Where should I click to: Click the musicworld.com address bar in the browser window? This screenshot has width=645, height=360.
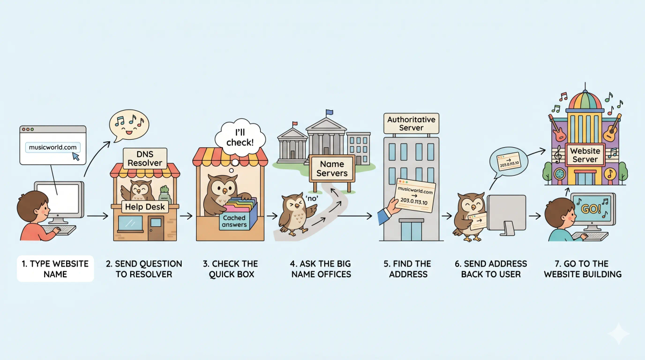pos(53,147)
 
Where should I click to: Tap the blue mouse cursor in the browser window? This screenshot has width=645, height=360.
pos(76,156)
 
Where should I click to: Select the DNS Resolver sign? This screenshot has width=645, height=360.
pos(145,159)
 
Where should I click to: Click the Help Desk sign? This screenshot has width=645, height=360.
pos(145,207)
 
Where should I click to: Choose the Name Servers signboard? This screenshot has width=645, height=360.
pos(332,169)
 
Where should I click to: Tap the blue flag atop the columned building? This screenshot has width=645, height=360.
pos(329,112)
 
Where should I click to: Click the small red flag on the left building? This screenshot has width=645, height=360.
pos(295,124)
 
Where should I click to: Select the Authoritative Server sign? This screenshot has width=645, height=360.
pos(411,124)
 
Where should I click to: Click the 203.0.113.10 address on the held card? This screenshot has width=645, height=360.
pos(414,201)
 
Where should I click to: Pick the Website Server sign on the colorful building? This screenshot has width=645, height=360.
pos(585,155)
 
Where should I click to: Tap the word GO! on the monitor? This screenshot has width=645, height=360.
pos(591,208)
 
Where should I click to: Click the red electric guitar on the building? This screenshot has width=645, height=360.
pos(557,128)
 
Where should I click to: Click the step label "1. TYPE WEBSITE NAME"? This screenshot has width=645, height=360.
pos(55,269)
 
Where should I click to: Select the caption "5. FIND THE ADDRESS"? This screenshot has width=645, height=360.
pos(407,269)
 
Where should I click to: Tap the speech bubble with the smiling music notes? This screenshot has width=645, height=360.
pos(130,125)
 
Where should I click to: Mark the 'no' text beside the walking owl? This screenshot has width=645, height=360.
pos(312,198)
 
